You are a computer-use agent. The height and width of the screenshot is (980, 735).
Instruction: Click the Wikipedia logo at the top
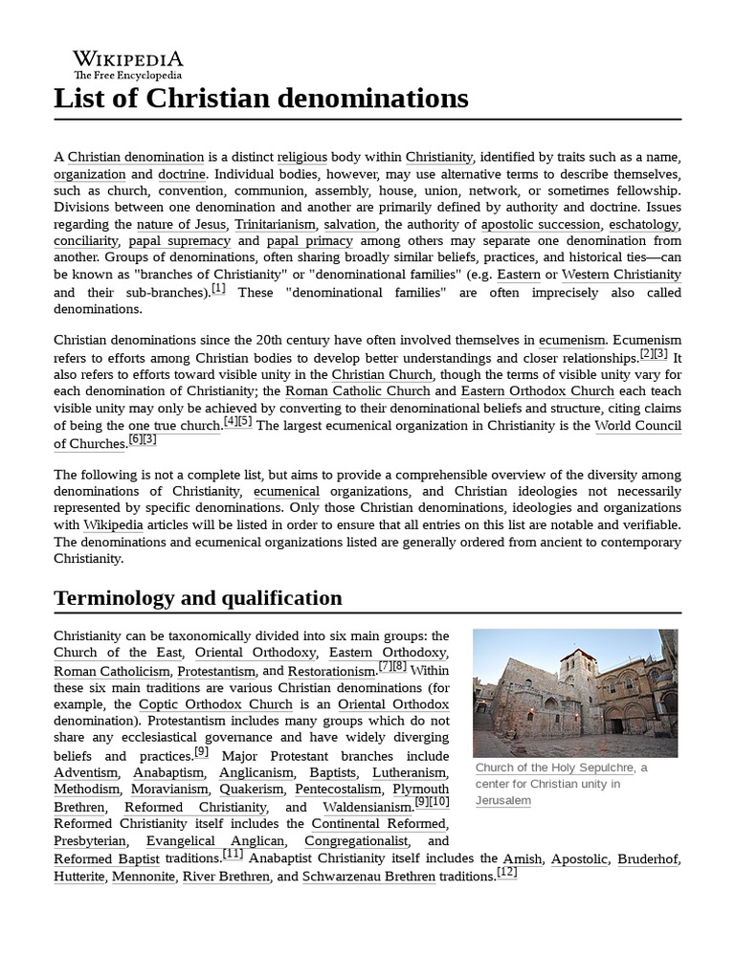pos(128,64)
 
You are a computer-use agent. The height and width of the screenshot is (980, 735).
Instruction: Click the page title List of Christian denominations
pos(261,98)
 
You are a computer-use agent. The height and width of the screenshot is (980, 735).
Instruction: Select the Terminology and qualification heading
pos(198,598)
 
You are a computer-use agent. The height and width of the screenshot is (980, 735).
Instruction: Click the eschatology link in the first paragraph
pos(645,225)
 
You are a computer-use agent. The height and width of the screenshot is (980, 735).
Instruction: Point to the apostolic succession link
pos(541,225)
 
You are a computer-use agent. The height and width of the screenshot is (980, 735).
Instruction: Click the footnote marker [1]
pos(218,289)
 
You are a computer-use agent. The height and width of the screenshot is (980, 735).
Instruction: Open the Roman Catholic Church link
pos(358,391)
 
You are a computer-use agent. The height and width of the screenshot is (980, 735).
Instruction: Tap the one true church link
pos(174,426)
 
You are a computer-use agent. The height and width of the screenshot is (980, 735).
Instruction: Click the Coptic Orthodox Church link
pos(215,704)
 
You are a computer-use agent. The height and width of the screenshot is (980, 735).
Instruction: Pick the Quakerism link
pos(252,790)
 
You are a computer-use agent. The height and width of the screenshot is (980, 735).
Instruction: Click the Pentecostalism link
pos(339,790)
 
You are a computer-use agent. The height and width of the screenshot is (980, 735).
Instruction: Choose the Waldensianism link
pos(367,807)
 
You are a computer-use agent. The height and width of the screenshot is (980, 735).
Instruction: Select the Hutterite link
pos(78,877)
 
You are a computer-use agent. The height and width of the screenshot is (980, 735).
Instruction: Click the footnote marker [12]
pos(506,873)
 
